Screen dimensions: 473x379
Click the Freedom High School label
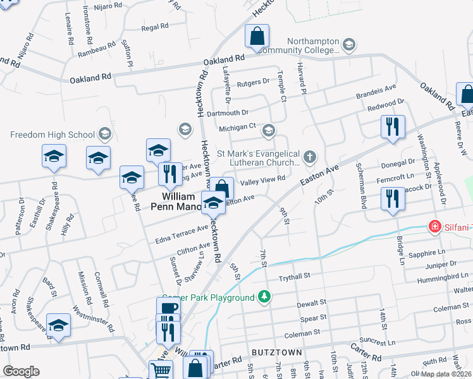[x=53, y=134]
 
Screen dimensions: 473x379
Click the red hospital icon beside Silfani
[x=435, y=226]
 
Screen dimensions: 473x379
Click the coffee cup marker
[x=168, y=308]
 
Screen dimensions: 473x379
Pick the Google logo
[x=21, y=371]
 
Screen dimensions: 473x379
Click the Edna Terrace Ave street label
[x=181, y=234]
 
